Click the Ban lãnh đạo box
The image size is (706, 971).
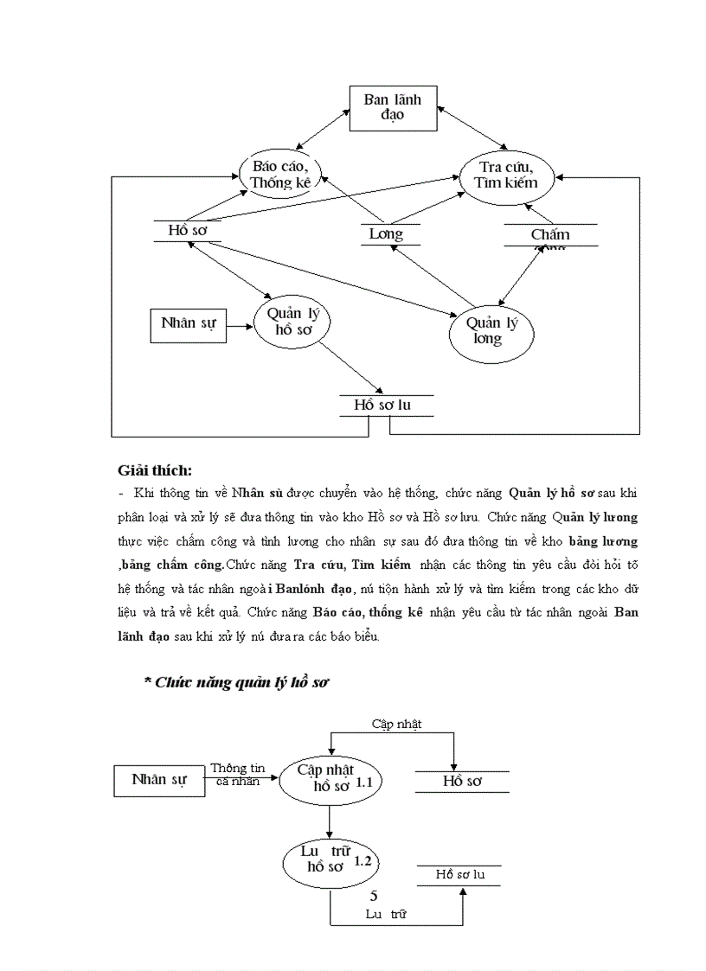(392, 108)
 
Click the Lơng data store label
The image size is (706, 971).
(385, 234)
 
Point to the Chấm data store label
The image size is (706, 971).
(550, 234)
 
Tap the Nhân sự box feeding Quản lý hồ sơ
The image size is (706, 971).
(188, 324)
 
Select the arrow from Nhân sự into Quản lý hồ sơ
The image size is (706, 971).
(240, 326)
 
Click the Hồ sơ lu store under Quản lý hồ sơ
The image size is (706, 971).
(386, 406)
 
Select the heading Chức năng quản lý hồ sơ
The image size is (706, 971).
(236, 682)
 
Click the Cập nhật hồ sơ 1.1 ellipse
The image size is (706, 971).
(330, 778)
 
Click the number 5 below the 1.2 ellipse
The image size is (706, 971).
(374, 895)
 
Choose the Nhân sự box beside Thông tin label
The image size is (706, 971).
(159, 779)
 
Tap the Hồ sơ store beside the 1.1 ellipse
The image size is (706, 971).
(462, 781)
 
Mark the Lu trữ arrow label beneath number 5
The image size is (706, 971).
(386, 913)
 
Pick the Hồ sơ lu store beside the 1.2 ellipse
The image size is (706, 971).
(459, 874)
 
